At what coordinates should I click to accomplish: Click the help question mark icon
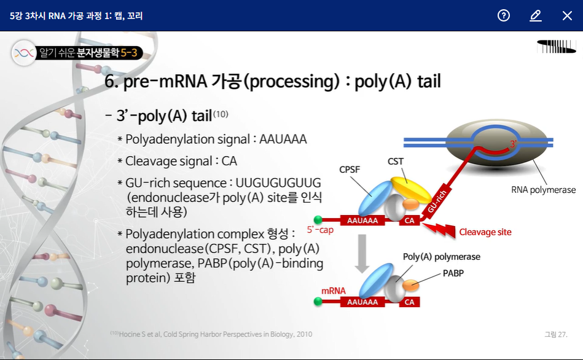coord(504,15)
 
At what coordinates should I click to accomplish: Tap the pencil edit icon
coord(536,15)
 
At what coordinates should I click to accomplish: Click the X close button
coord(567,15)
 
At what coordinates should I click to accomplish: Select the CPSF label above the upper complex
coord(350,170)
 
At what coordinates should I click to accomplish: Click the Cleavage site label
coord(485,232)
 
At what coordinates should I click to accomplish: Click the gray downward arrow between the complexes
coord(362,257)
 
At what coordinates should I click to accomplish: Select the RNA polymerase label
coord(544,190)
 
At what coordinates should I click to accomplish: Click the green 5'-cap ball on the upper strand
coord(318,220)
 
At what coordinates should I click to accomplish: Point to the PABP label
coord(453,273)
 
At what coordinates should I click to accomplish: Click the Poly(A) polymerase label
coord(441,256)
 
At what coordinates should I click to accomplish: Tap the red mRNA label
coord(334,291)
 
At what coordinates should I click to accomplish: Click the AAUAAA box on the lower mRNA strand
coord(362,302)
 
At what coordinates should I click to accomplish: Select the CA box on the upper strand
coord(409,220)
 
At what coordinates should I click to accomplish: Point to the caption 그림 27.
coord(555,334)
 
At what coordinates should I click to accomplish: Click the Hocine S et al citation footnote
coord(211,334)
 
